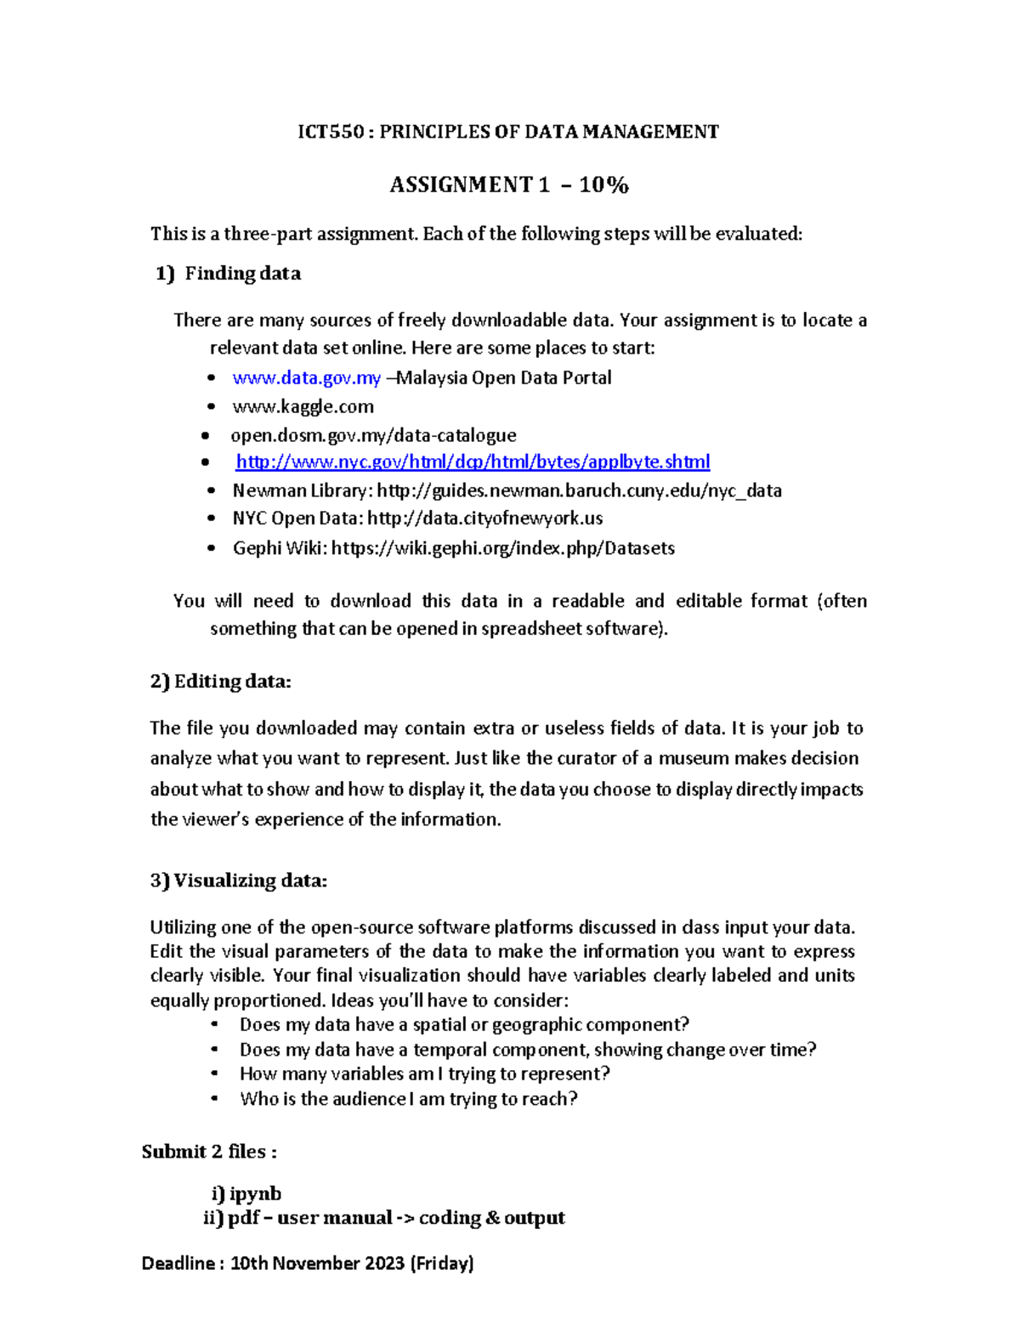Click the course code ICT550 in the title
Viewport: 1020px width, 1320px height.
click(x=331, y=132)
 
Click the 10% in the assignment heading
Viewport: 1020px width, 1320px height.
click(x=603, y=185)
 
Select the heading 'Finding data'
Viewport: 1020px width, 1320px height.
click(x=242, y=274)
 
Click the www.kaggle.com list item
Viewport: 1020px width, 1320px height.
click(x=303, y=407)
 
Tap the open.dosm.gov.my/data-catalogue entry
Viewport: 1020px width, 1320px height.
click(x=373, y=435)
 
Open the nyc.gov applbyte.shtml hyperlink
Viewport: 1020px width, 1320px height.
click(x=473, y=462)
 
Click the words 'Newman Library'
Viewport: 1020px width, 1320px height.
click(x=301, y=491)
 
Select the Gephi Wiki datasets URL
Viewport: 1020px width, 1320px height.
click(x=502, y=548)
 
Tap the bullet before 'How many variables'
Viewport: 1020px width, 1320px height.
click(x=216, y=1074)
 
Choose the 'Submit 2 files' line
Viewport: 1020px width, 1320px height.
click(x=209, y=1152)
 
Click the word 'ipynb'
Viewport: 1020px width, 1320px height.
click(x=255, y=1193)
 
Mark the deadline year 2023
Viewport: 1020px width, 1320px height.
click(x=385, y=1263)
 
